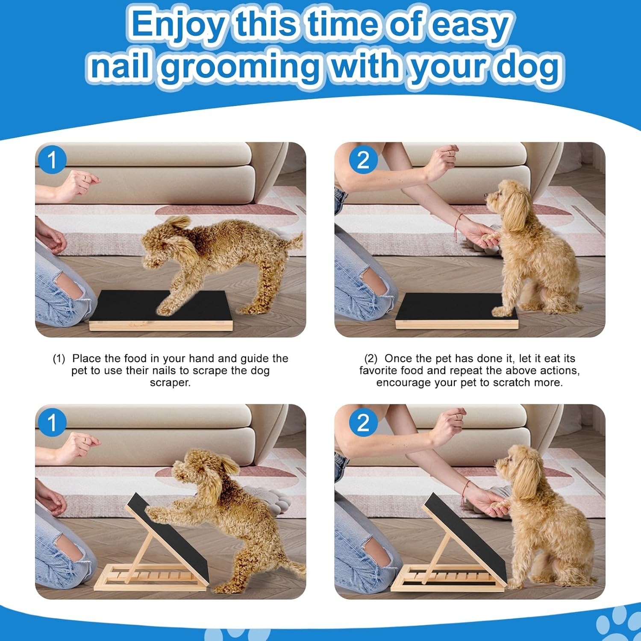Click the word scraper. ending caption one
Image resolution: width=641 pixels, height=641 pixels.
pos(170,383)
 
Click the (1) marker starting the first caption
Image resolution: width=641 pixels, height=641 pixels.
pos(59,359)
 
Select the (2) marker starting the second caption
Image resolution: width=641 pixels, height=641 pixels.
pos(370,359)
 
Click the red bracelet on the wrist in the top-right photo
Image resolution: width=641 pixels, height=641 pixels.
pos(459,224)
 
